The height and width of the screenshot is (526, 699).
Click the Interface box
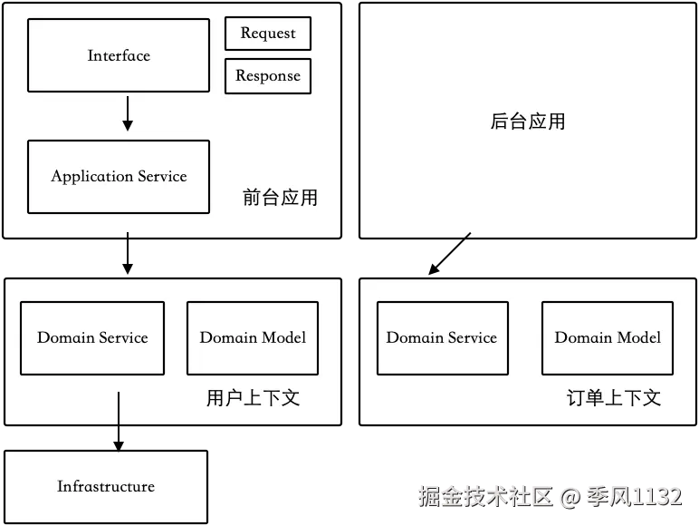(119, 55)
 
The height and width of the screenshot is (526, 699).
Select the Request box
(268, 34)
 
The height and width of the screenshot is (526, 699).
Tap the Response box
(268, 76)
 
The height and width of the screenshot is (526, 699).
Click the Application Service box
(119, 177)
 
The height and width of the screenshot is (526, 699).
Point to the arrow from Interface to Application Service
(128, 112)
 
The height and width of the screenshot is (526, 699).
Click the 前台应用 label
(280, 198)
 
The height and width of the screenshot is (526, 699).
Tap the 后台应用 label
(528, 122)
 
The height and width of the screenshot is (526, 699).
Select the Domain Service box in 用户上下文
(92, 338)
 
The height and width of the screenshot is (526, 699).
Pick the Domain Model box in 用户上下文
(253, 338)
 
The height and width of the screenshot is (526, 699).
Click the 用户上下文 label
(253, 397)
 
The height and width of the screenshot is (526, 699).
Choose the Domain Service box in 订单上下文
(442, 338)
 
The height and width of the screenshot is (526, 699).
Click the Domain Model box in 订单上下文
(608, 338)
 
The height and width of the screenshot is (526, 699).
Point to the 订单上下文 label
(614, 397)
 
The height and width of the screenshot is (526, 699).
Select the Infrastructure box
(106, 487)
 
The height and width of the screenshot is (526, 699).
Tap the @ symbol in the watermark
(569, 497)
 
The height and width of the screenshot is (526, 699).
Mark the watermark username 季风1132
(633, 496)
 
